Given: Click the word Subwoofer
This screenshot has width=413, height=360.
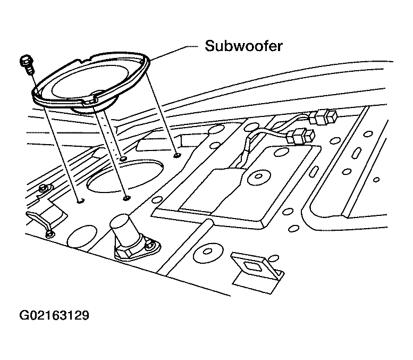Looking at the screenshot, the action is click(x=243, y=46).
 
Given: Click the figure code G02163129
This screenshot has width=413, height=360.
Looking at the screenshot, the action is click(x=55, y=315).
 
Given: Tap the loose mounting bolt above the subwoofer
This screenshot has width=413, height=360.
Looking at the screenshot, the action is click(x=26, y=64).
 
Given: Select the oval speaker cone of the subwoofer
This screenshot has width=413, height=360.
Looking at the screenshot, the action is click(x=89, y=82).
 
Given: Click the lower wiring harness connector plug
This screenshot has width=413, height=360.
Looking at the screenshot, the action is click(x=301, y=136).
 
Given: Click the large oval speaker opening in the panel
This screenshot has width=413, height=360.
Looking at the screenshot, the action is click(x=125, y=175).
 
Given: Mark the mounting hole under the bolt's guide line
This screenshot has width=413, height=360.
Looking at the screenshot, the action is click(x=81, y=201).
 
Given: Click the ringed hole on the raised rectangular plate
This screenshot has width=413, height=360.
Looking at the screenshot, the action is click(x=259, y=177).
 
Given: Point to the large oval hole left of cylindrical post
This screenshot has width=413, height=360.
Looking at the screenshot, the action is click(x=82, y=237).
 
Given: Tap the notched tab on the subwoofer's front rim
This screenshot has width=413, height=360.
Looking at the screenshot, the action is click(x=89, y=102).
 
